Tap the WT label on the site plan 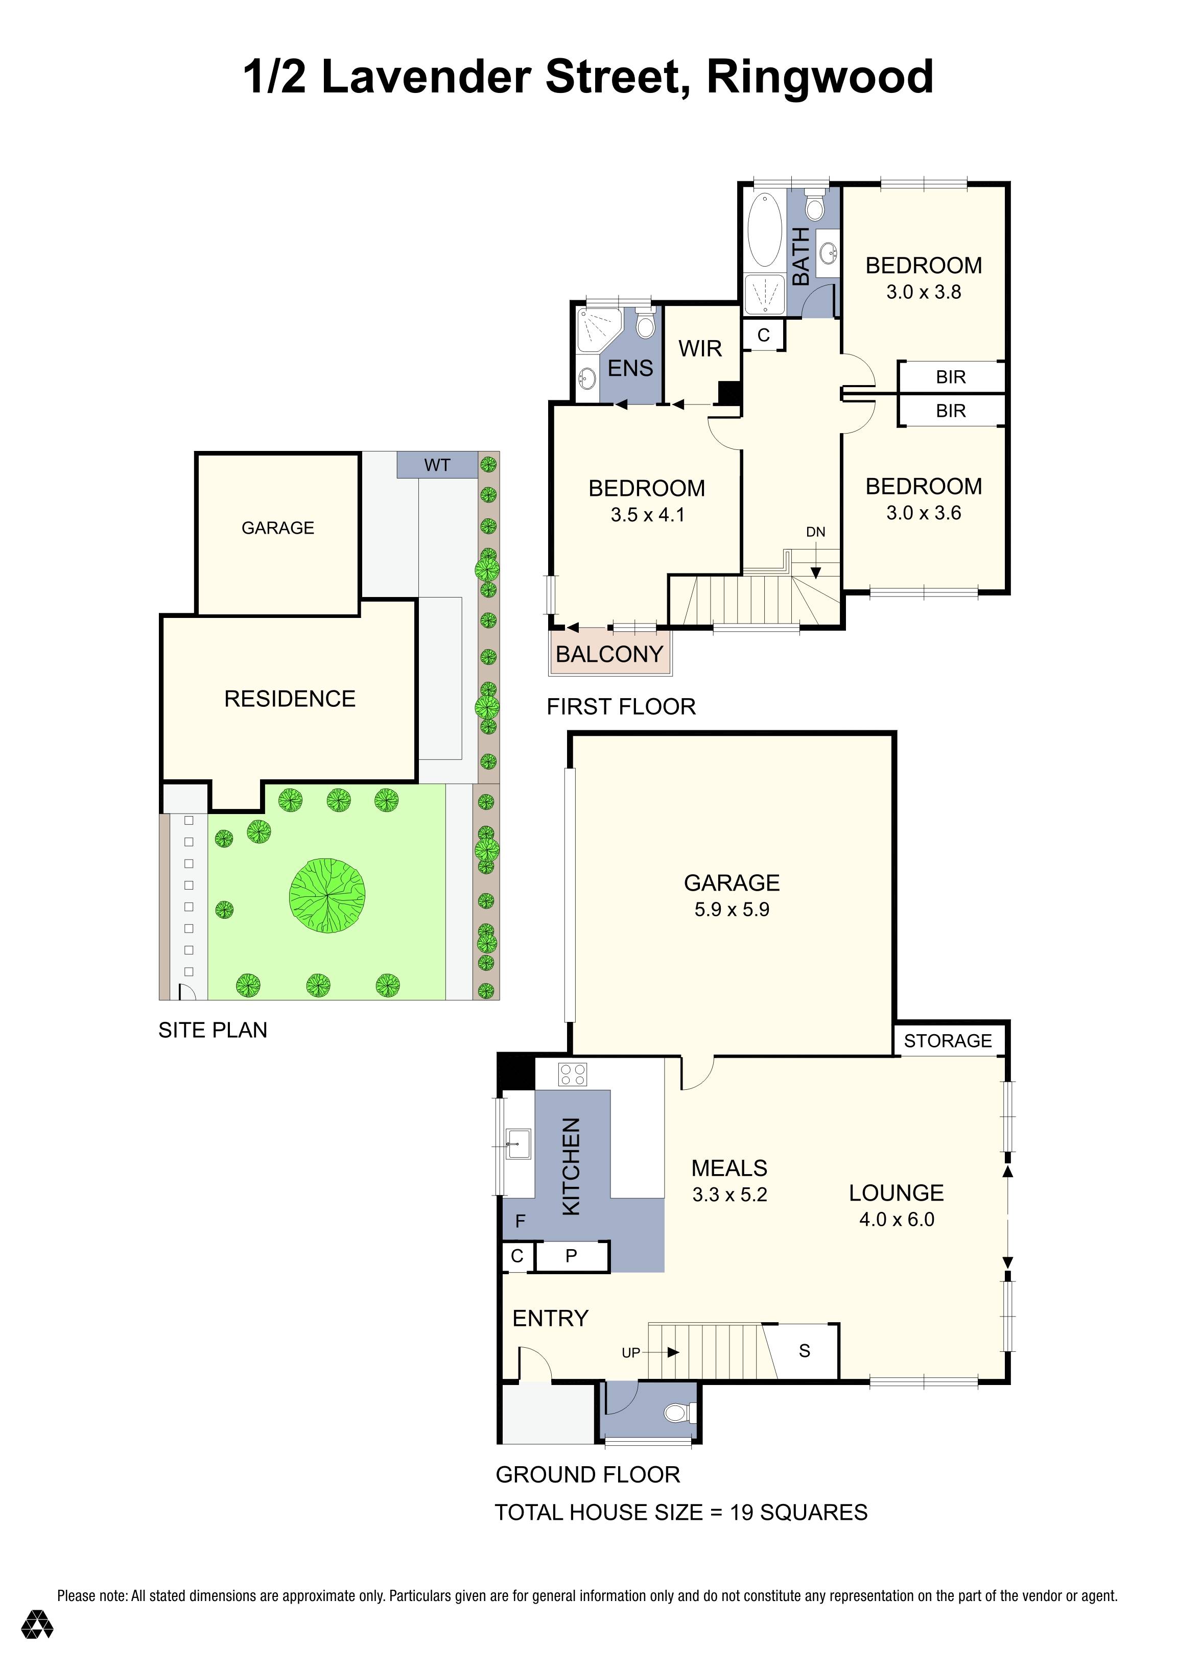(x=437, y=465)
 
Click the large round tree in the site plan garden (x=327, y=895)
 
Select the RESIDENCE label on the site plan (x=290, y=699)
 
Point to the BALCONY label (x=609, y=654)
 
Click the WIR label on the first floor (x=700, y=349)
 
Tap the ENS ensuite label (x=630, y=368)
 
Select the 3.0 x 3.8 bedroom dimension (x=923, y=292)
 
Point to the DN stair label (x=815, y=532)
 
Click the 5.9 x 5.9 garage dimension (x=732, y=910)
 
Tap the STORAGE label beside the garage (x=948, y=1041)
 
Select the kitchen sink (x=519, y=1143)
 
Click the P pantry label (x=572, y=1255)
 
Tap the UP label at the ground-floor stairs (x=630, y=1352)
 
